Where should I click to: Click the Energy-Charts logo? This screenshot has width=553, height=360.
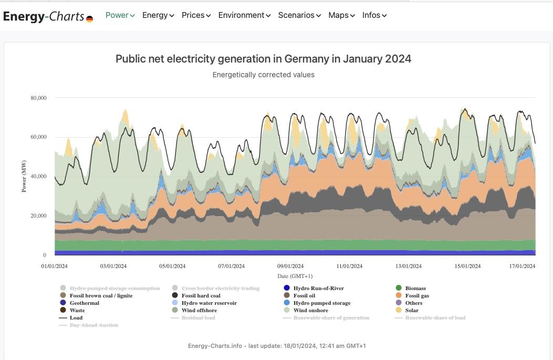point(48,16)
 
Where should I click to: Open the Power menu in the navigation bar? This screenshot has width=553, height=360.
point(120,15)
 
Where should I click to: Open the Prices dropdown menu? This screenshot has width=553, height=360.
point(196,15)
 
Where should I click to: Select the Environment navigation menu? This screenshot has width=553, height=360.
point(244,15)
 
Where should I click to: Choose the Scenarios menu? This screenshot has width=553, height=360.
point(299,15)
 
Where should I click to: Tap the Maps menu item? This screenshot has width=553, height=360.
point(341,15)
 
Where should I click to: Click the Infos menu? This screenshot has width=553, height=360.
point(374,15)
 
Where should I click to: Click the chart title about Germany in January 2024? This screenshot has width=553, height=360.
point(263,59)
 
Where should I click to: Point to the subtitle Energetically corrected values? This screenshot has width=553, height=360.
point(263,75)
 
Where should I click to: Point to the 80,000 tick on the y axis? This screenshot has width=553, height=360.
point(38,98)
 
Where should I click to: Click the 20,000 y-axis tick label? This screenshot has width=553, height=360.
point(38,216)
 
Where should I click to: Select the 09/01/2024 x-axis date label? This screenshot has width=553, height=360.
point(290,266)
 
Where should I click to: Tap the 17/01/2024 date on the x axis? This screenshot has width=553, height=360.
point(523,266)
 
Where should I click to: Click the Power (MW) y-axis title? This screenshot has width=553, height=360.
point(24,176)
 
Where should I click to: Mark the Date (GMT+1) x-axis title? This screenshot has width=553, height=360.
point(295,276)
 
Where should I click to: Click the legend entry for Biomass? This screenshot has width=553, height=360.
point(415,288)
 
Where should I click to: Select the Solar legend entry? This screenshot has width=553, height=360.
point(412,310)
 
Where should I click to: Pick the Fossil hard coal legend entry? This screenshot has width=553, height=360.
point(201,295)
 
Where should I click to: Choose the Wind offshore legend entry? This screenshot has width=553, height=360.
point(199,310)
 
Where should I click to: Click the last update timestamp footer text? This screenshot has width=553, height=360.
point(277,346)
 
